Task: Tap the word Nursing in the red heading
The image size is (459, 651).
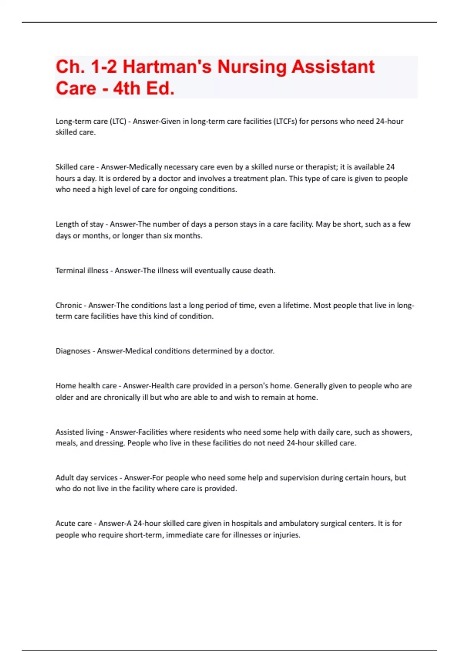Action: coord(252,67)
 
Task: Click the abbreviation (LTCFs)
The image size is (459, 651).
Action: coord(284,121)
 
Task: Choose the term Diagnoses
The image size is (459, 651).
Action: coord(73,351)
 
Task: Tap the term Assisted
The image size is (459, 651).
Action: coord(69,432)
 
